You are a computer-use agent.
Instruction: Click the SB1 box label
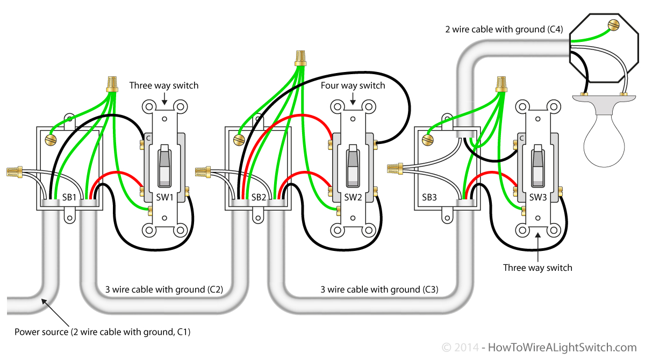click(69, 197)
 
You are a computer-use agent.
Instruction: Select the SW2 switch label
click(353, 197)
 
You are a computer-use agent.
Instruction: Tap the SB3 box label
click(429, 197)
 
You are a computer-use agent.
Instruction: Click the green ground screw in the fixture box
click(612, 25)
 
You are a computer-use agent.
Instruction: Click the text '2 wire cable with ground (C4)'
click(504, 30)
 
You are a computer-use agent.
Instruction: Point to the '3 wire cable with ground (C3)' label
click(379, 290)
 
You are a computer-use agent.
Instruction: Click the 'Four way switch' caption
click(353, 85)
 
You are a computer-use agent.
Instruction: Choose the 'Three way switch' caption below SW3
click(537, 267)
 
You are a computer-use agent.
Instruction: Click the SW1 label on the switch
click(164, 197)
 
